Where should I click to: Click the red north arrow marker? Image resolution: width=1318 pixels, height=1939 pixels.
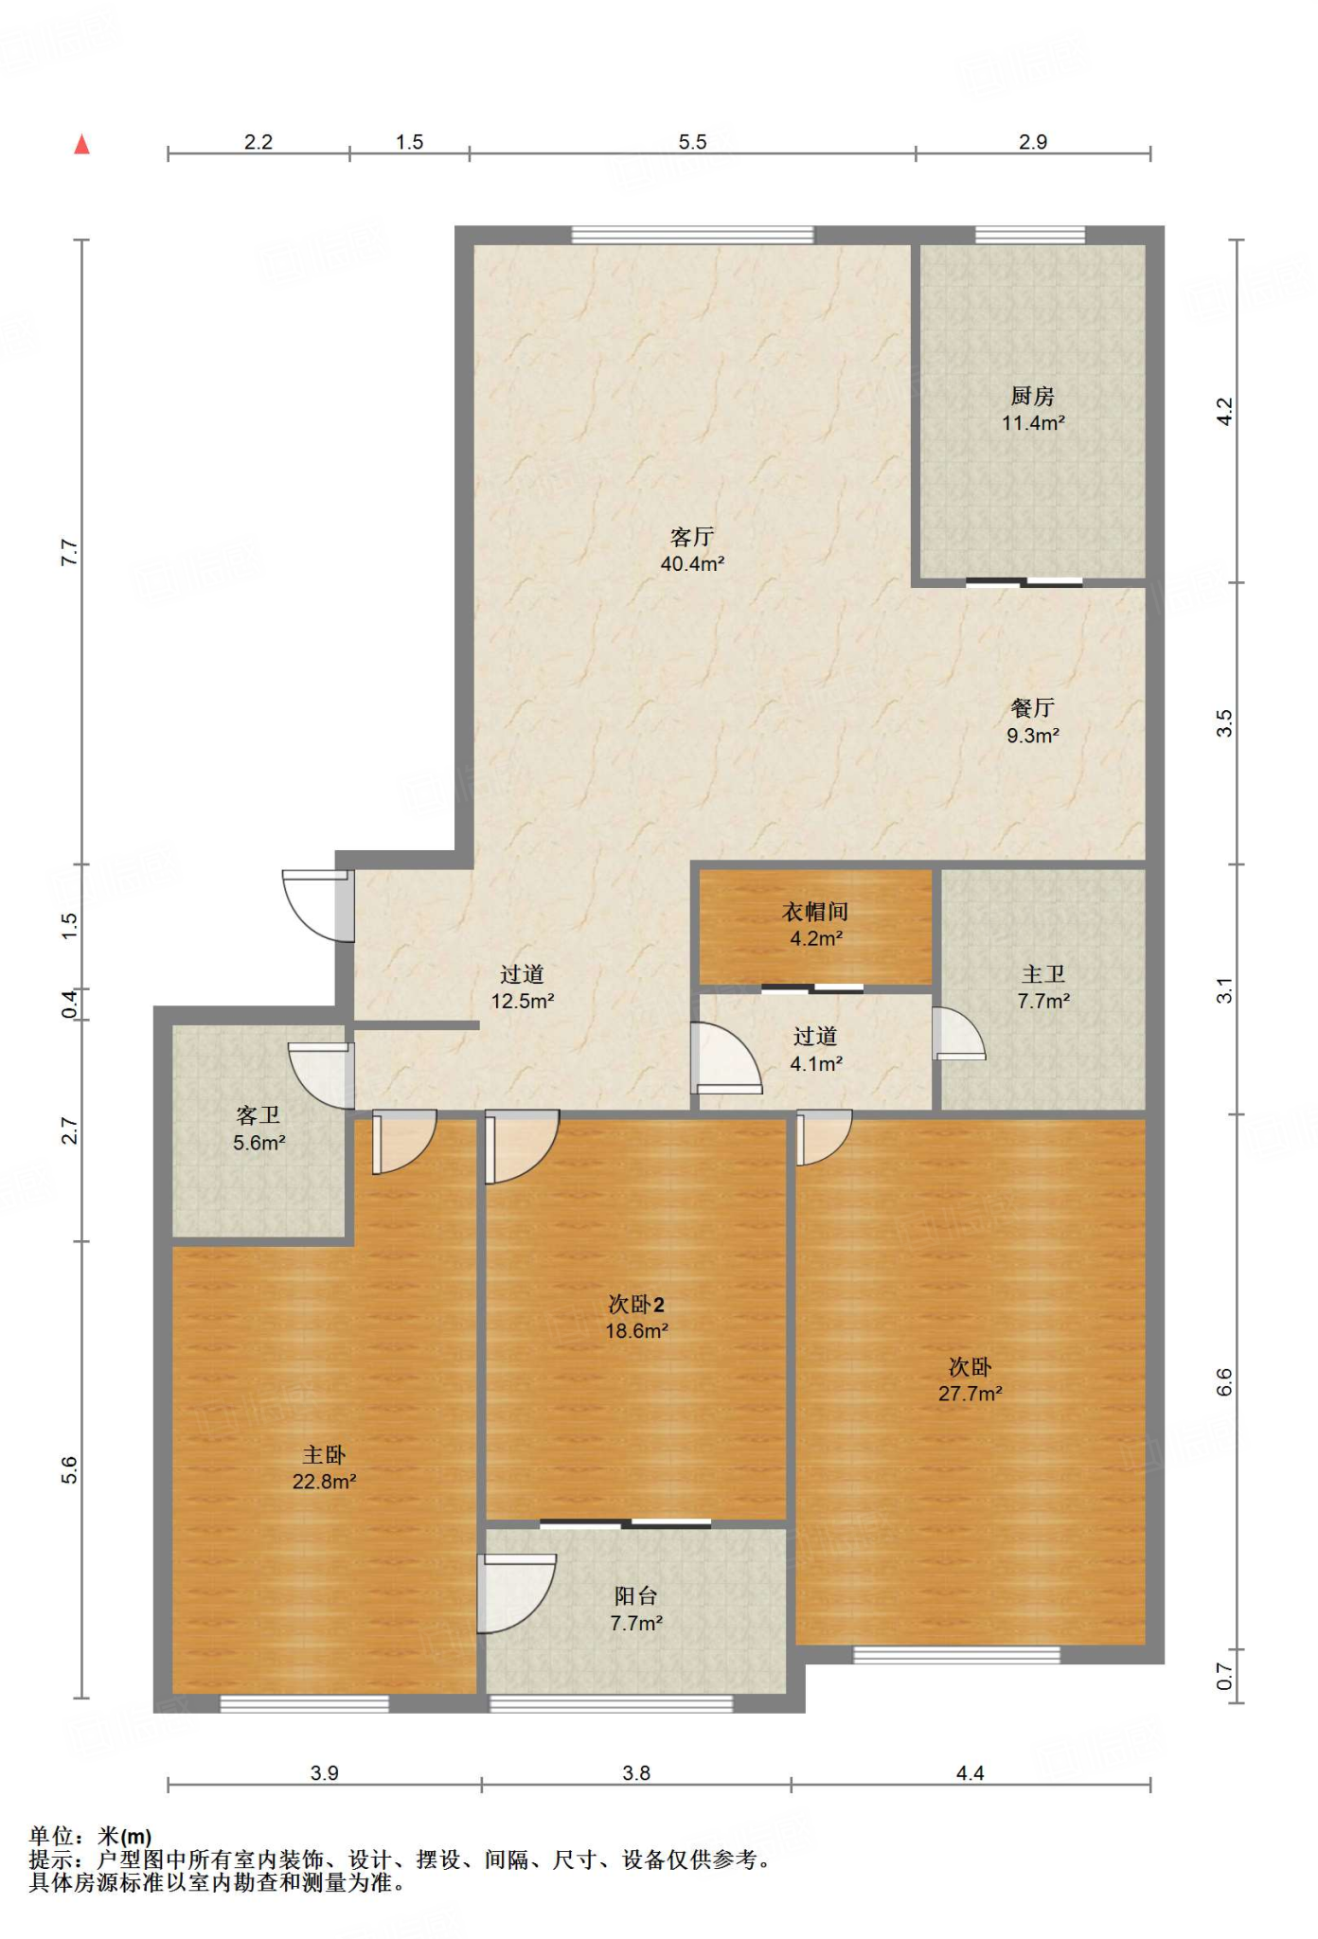pos(82,144)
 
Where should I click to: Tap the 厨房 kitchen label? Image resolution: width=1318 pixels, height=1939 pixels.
pos(1032,396)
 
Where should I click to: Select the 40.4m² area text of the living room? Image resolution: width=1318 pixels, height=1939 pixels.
pos(692,564)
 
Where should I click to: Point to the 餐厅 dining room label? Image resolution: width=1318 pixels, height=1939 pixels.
pos(1032,708)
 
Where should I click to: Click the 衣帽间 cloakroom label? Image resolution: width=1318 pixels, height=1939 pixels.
pos(815,912)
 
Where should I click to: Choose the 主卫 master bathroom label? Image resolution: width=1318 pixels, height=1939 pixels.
pos(1043,974)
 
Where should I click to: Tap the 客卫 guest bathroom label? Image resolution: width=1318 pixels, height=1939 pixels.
pos(258,1116)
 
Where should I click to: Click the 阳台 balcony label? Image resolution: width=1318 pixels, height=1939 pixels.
pos(635,1596)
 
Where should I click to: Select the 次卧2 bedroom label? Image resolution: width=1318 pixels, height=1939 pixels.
pos(636,1305)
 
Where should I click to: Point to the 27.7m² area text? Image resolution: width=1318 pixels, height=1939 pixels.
pos(971,1394)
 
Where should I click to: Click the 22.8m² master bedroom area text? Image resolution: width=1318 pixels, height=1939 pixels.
pos(324,1482)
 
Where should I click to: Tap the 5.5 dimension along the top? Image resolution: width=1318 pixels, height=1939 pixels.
pos(692,142)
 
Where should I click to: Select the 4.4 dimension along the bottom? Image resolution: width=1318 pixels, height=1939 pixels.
pos(971,1773)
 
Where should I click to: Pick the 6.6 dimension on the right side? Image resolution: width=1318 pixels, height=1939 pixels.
pos(1224,1382)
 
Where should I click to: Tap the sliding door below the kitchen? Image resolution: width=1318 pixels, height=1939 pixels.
pos(1024,582)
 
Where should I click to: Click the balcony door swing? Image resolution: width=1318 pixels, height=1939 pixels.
pos(516,1593)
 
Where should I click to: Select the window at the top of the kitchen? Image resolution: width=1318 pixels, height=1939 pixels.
pos(1030,235)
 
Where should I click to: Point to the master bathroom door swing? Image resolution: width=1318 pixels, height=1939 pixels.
pos(958,1033)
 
